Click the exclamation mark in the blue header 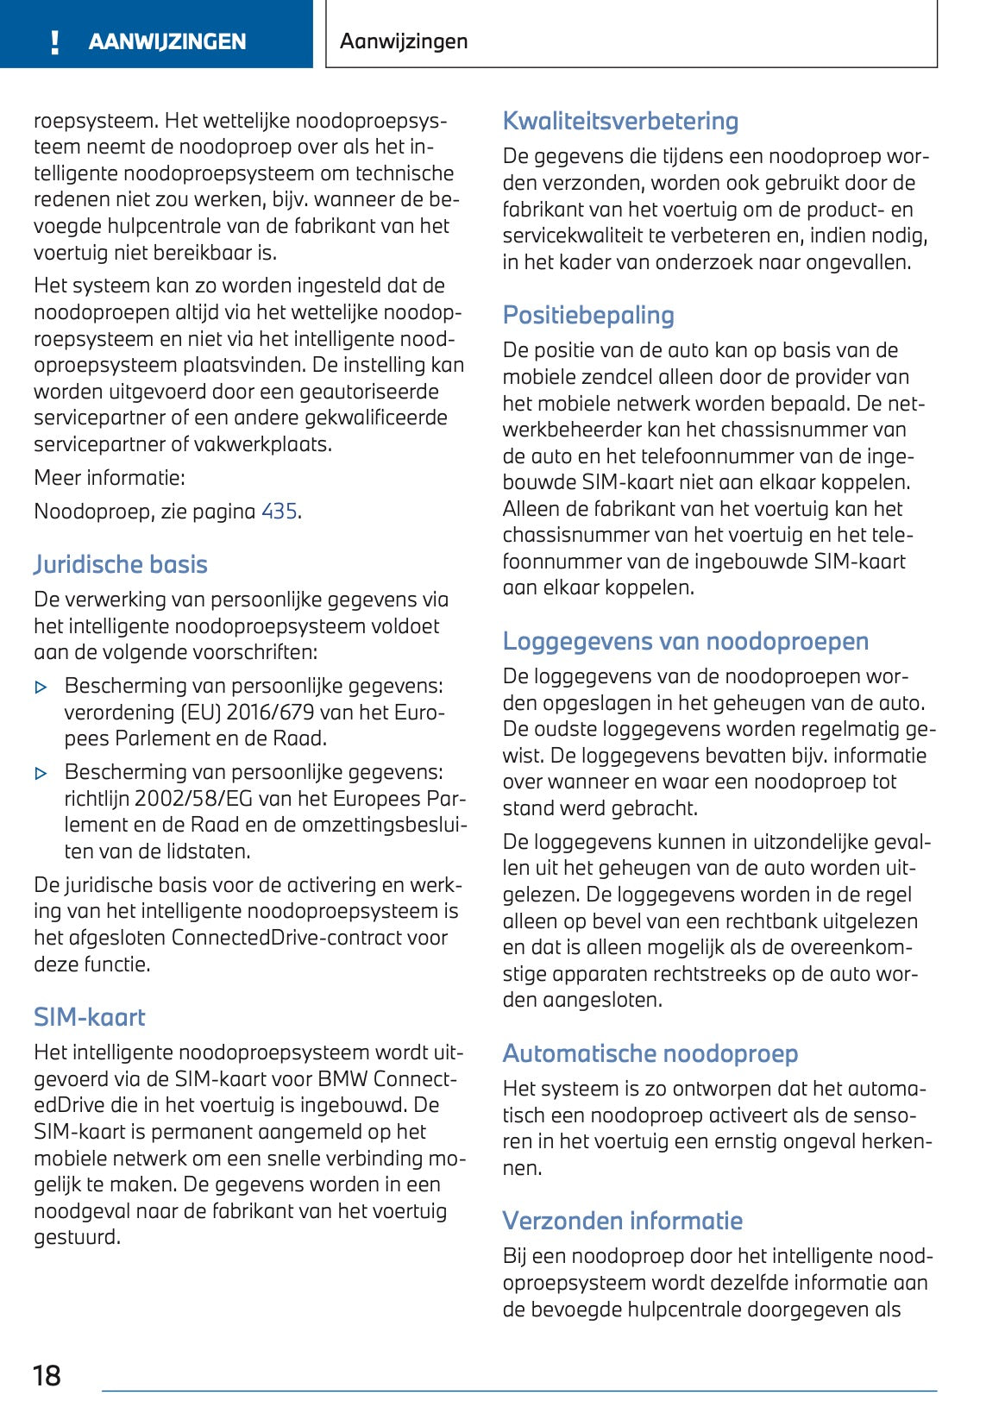[x=55, y=41]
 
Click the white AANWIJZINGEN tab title [x=167, y=41]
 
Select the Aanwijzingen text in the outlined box [x=404, y=41]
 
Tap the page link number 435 [x=280, y=512]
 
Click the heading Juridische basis [x=121, y=564]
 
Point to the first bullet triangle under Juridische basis [x=41, y=688]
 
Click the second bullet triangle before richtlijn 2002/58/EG [x=41, y=774]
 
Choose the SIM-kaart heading [x=90, y=1017]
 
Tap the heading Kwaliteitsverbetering [x=620, y=121]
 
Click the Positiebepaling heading [x=588, y=315]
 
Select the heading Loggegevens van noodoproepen [x=685, y=641]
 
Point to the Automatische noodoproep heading [x=650, y=1053]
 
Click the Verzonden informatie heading [x=622, y=1221]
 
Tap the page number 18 [x=47, y=1375]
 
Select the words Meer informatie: [x=110, y=478]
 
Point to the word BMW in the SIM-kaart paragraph [x=342, y=1079]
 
